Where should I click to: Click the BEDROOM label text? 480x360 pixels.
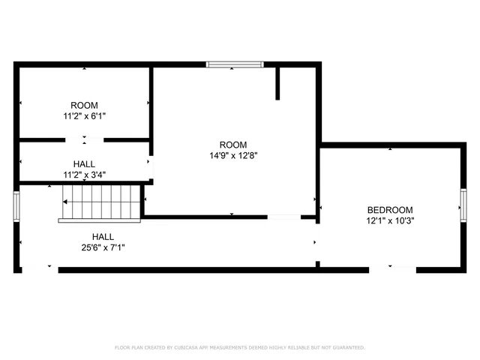tap(390, 210)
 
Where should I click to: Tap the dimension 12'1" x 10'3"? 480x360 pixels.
tap(390, 221)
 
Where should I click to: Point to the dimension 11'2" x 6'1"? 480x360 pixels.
tap(84, 117)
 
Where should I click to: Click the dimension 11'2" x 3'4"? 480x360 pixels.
tap(84, 175)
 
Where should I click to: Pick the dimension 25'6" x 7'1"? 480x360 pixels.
tap(103, 247)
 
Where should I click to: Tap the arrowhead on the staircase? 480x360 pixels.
tap(66, 202)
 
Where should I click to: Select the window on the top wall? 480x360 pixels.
tap(235, 65)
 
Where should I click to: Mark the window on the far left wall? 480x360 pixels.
tap(16, 205)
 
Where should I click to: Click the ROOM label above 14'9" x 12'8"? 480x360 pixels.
tap(232, 145)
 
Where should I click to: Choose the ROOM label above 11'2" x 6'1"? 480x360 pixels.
tap(84, 106)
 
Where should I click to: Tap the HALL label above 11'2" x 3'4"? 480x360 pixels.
tap(84, 163)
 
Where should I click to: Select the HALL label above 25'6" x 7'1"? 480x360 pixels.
tap(103, 236)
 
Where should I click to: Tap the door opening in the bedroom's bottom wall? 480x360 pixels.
tap(390, 268)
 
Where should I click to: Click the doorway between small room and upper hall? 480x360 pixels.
tap(84, 139)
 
